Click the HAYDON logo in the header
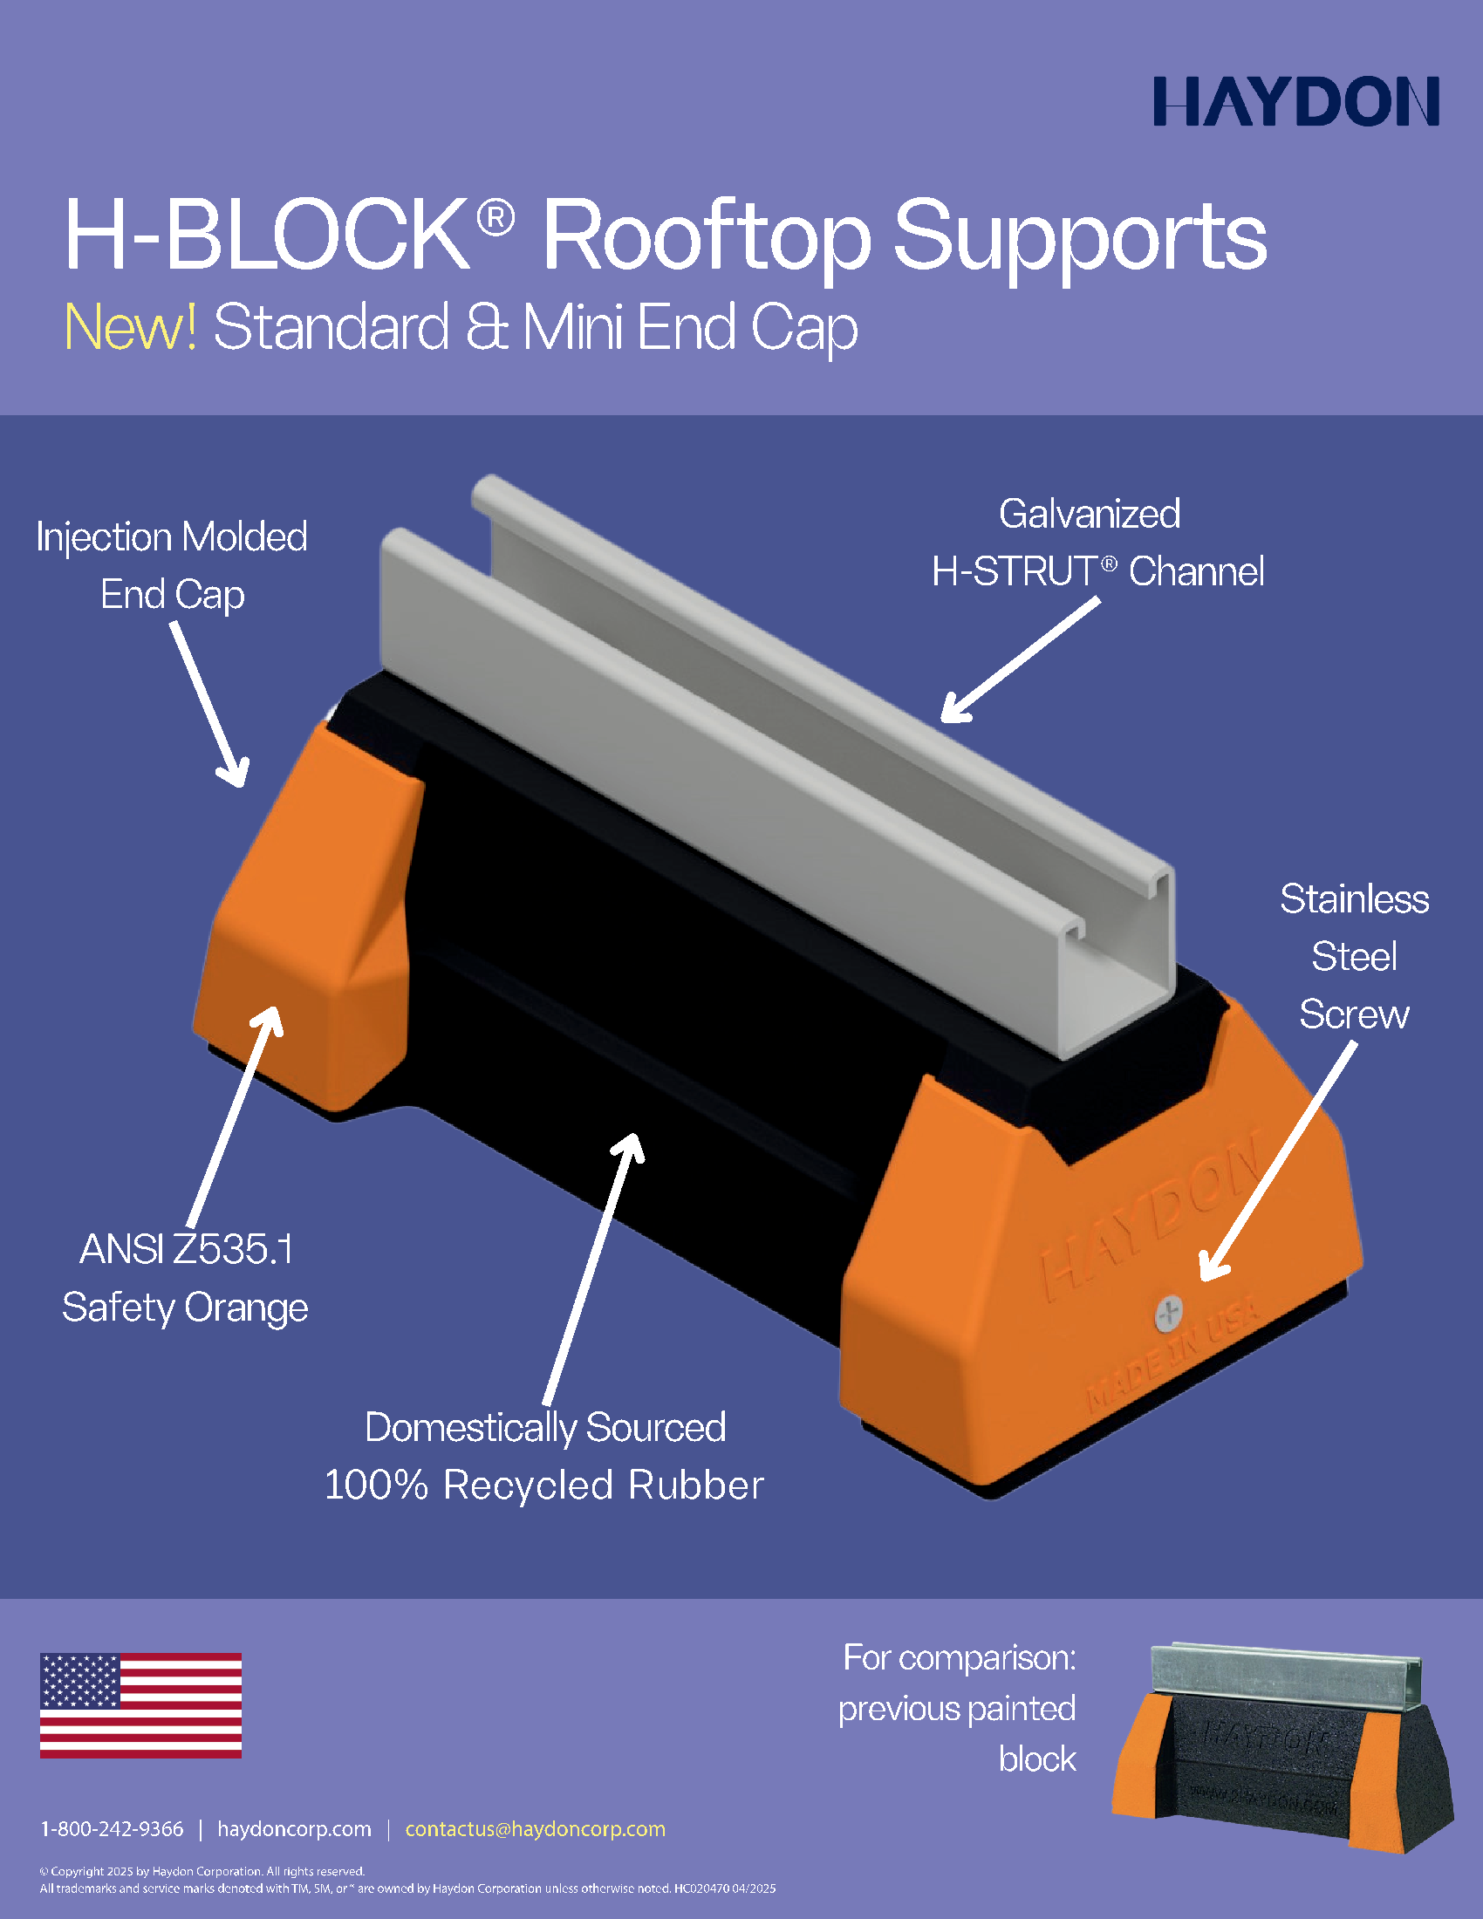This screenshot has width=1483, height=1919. [1295, 101]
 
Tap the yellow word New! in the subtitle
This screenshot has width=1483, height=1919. [131, 328]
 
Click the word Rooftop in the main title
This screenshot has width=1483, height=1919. [707, 236]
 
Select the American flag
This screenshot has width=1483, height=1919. [140, 1705]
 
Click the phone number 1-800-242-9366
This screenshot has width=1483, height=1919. [113, 1828]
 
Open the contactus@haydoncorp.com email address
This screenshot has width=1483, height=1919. [535, 1829]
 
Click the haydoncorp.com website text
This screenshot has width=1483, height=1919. [294, 1829]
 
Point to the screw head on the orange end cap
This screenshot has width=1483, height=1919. [1168, 1315]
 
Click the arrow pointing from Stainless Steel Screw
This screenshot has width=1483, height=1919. [1278, 1163]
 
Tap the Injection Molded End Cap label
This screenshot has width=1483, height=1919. [172, 565]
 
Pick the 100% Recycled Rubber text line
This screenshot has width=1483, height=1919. [543, 1485]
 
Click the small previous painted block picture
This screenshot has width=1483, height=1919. [1283, 1748]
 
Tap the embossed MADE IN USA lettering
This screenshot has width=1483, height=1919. [1172, 1356]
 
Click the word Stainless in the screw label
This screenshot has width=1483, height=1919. [1354, 898]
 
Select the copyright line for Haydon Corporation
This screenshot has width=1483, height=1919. [202, 1871]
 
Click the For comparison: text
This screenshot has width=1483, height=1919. [960, 1658]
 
